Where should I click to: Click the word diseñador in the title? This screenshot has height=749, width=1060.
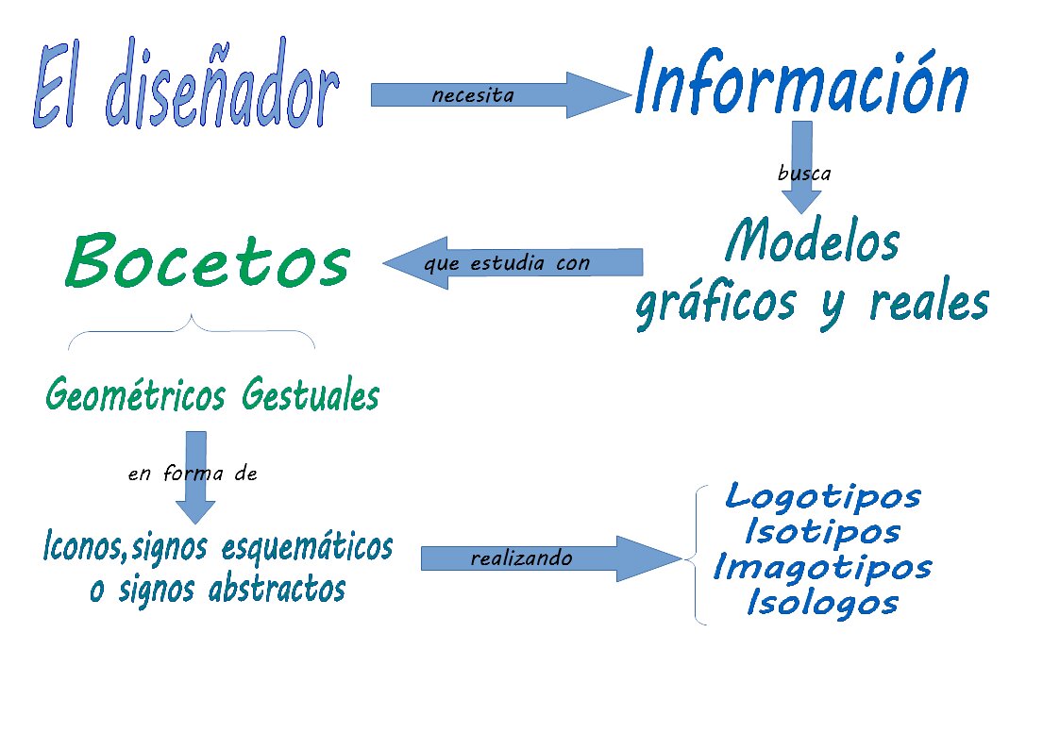coord(223,83)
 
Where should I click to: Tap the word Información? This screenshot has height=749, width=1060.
coord(801,82)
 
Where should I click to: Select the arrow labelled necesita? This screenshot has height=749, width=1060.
coord(501,94)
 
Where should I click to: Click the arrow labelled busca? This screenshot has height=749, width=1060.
coord(801,168)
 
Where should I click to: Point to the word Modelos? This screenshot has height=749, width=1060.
coord(812,241)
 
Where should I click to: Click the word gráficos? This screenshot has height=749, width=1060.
coord(715,304)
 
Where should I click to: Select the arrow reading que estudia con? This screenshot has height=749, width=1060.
coord(513,263)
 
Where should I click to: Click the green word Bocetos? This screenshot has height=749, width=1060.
coord(208,260)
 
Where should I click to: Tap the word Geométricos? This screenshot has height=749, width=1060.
coord(135,393)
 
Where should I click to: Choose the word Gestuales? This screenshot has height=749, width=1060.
coord(311,393)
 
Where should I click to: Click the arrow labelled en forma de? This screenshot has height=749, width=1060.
coord(195,477)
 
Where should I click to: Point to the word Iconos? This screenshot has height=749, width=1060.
coord(84,545)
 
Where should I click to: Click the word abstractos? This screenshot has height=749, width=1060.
coord(277,589)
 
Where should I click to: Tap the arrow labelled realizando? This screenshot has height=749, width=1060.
coord(551,558)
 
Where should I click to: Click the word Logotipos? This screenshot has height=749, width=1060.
coord(823,497)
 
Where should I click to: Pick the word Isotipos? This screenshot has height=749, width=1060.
coord(823,531)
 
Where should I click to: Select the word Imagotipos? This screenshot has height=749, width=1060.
coord(823,567)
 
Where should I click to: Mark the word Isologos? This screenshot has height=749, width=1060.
coord(823,603)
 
